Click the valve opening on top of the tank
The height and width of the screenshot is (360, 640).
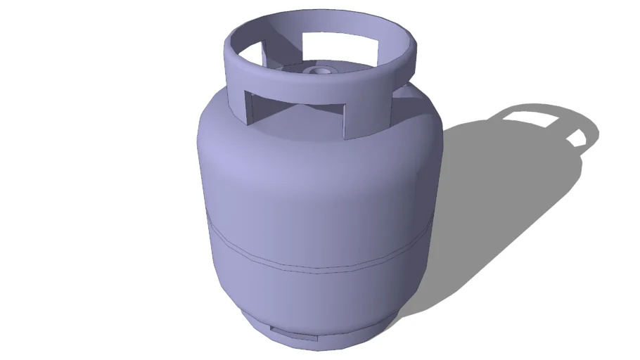[x=323, y=71]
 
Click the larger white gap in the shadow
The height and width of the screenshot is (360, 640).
[x=538, y=117]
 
